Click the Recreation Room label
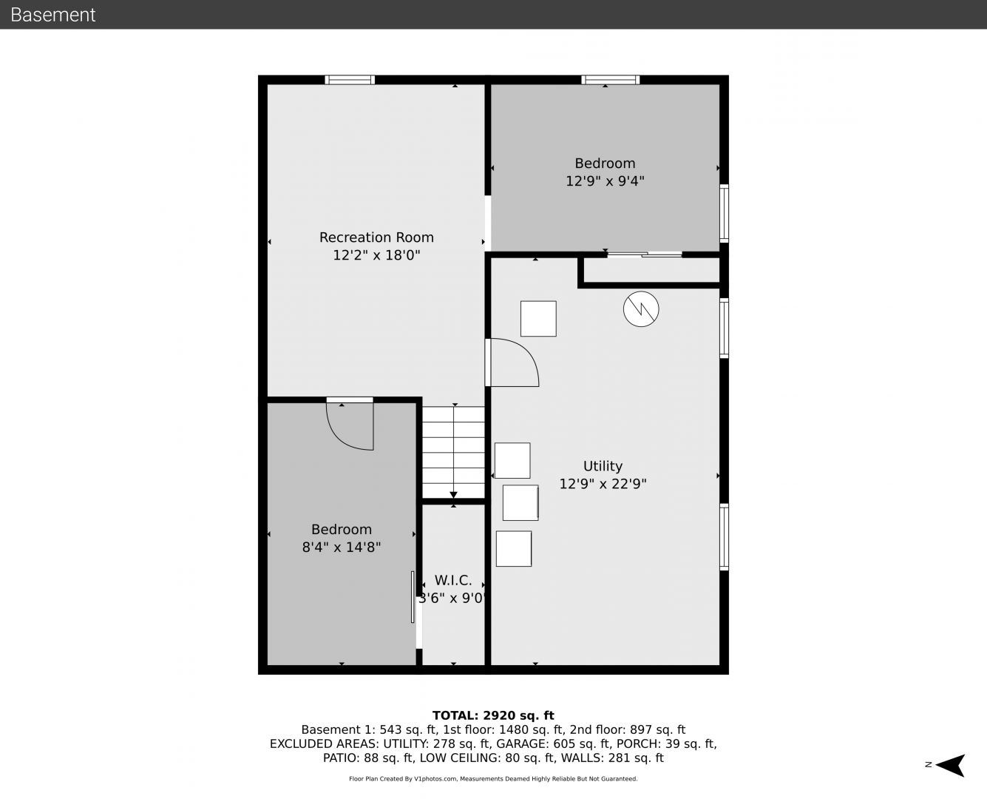point(376,237)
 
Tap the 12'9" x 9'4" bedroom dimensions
point(605,181)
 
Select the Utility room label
point(603,466)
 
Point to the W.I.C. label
point(452,580)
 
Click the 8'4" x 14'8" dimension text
point(341,547)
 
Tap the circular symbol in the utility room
point(641,309)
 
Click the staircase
point(453,452)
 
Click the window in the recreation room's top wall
point(350,80)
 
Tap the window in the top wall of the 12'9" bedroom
point(610,80)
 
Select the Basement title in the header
point(52,15)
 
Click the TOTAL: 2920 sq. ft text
point(493,715)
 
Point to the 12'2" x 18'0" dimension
point(376,255)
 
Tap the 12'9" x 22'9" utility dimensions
point(603,484)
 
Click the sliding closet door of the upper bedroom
point(645,254)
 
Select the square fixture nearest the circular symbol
point(538,319)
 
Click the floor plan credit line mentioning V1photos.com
point(493,778)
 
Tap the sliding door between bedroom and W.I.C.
point(413,597)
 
